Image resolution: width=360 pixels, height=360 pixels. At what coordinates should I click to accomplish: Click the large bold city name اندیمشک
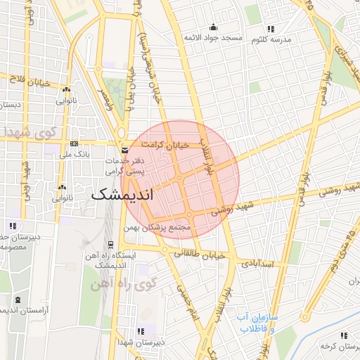coord(122,195)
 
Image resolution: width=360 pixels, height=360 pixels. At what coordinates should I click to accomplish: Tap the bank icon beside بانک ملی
coord(74,153)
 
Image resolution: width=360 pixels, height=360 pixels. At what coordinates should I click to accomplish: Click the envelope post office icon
coord(124,150)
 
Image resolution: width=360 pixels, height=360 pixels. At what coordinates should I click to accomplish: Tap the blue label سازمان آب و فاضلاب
coord(257,323)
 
